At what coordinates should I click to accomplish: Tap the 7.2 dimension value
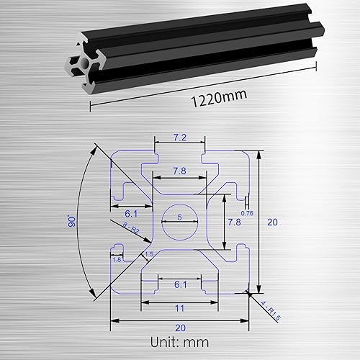click(180, 136)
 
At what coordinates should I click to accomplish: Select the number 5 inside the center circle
click(180, 217)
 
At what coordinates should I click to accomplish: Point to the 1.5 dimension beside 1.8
click(149, 254)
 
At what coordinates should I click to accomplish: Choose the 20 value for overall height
click(271, 222)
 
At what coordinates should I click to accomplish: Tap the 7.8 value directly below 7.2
click(180, 170)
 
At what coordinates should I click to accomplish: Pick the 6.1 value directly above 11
click(180, 285)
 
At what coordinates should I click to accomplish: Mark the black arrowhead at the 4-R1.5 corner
click(248, 292)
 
